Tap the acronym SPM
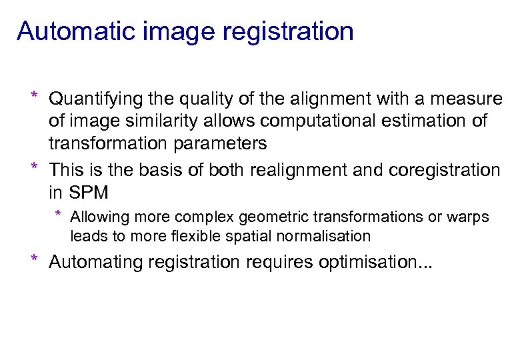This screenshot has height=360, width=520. (86, 193)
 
